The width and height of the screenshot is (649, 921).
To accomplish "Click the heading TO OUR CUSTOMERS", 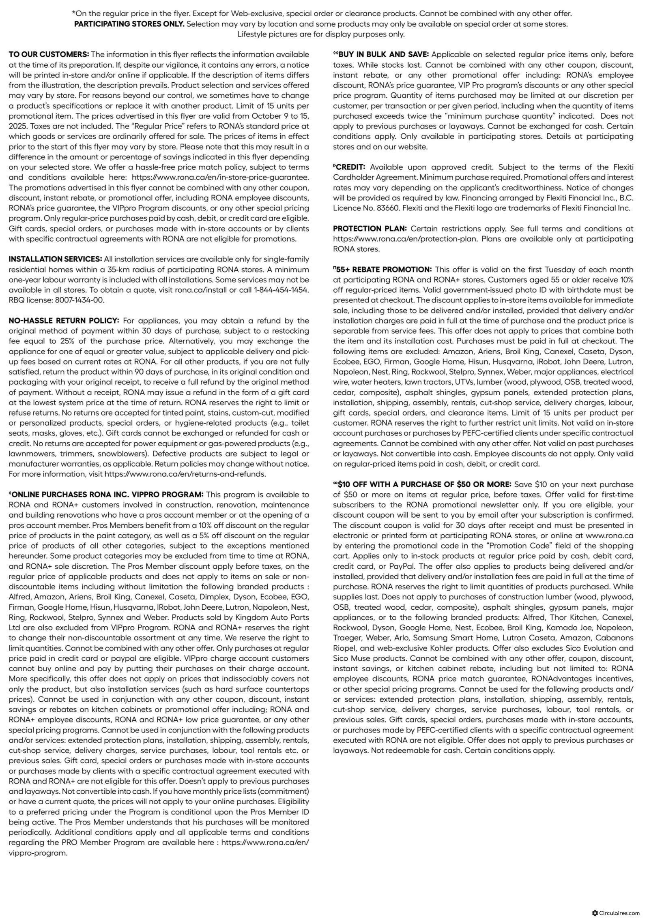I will pos(49,54).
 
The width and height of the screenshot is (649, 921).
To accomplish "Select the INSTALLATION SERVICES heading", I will pos(56,259).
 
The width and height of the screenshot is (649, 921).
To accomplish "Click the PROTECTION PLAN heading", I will pos(369,229).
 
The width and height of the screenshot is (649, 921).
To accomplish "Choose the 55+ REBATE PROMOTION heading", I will pos(383,270).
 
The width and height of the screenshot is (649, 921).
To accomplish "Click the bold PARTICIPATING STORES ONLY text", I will pos(129,24).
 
